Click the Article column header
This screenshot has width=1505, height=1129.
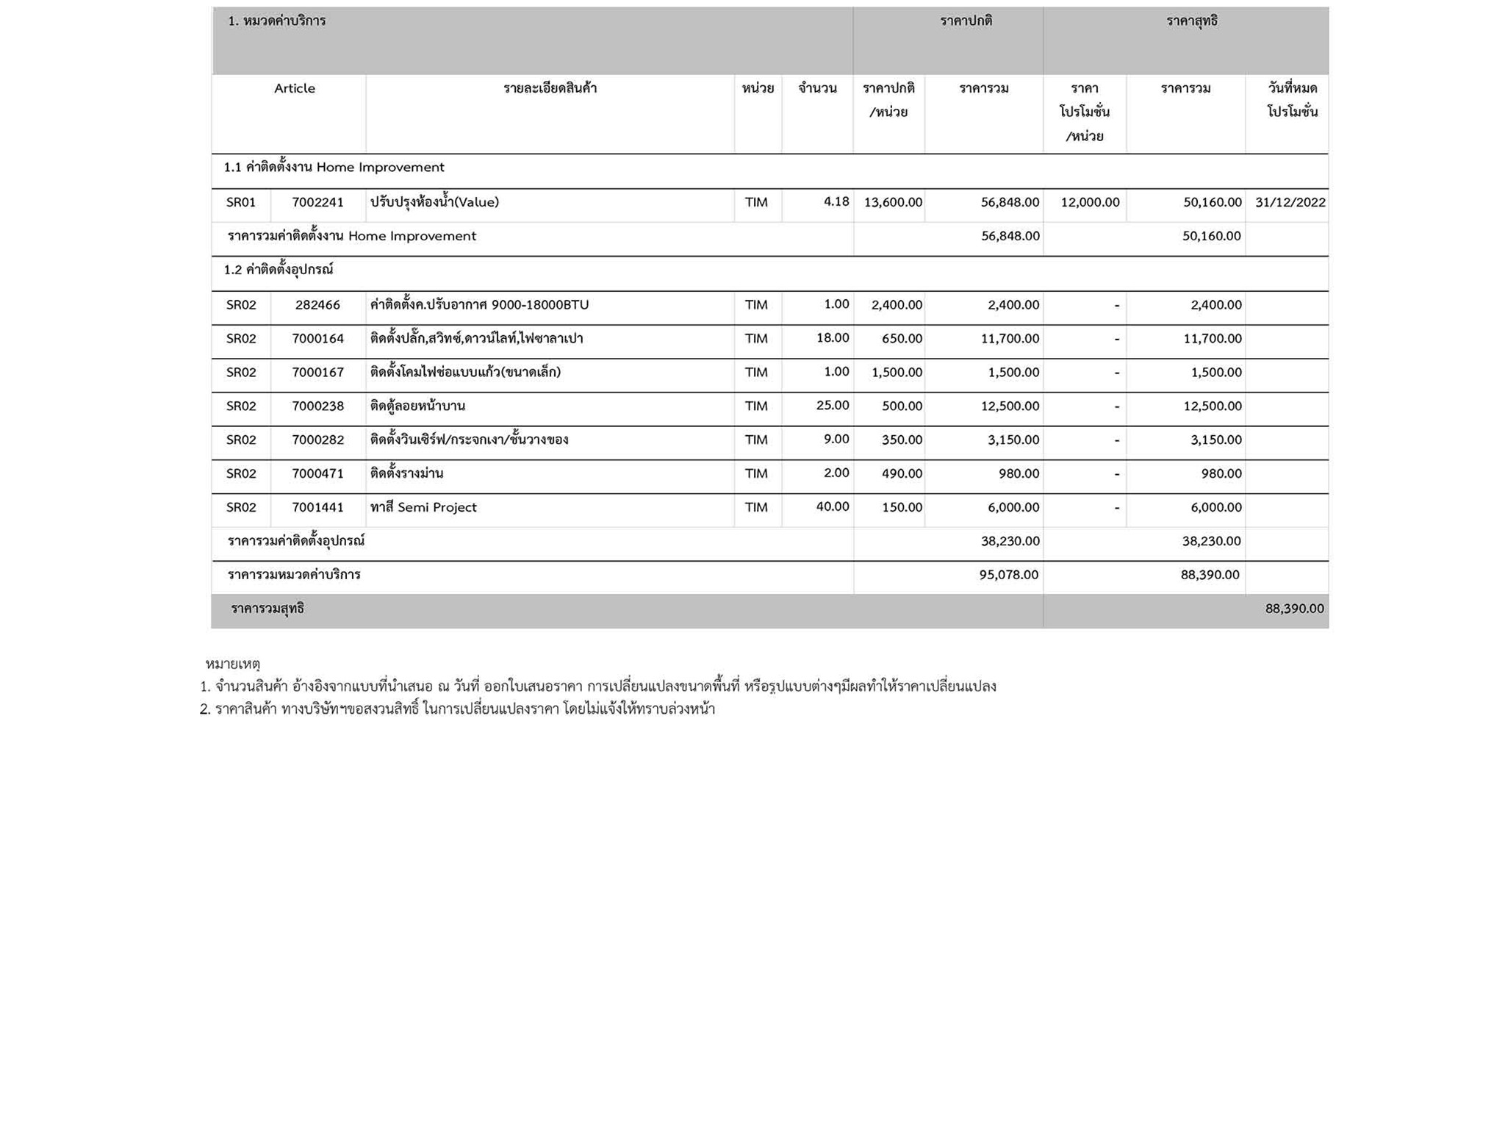click(x=294, y=88)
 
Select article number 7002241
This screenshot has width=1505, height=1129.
click(x=317, y=202)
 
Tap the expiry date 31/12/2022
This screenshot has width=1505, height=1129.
click(x=1290, y=202)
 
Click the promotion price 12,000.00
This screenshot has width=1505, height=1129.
click(x=1090, y=202)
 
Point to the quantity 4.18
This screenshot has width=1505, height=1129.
click(x=836, y=201)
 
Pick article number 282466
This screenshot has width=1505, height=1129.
click(x=317, y=305)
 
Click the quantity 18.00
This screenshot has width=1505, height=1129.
click(x=833, y=338)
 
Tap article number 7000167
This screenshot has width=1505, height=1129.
click(x=317, y=373)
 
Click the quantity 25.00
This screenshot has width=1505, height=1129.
click(x=833, y=406)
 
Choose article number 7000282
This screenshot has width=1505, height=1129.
click(x=317, y=440)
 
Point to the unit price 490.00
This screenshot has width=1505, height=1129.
click(x=902, y=474)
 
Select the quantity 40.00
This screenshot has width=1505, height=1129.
click(x=833, y=507)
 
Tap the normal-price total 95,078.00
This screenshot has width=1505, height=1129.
click(x=1008, y=575)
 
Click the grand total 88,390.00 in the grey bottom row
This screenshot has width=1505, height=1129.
click(x=1294, y=609)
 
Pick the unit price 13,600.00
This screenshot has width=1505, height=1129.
click(x=893, y=202)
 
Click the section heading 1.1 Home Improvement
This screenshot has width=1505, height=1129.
click(x=334, y=168)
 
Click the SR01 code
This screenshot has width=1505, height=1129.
click(x=241, y=202)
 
